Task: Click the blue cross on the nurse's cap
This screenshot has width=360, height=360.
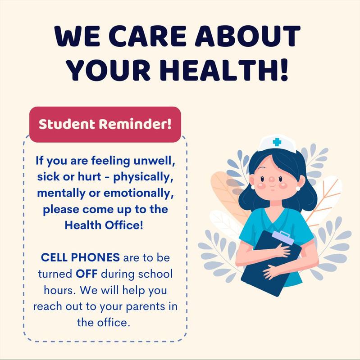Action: click(x=277, y=142)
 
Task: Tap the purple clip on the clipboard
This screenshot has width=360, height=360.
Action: click(x=282, y=236)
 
